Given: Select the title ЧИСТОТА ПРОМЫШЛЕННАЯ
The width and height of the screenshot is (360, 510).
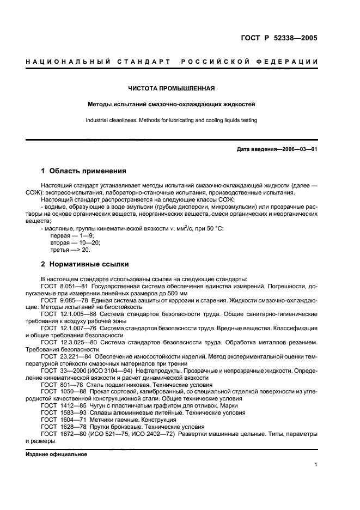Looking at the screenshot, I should (171, 88).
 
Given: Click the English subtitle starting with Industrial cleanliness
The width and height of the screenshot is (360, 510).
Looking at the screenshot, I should (171, 120).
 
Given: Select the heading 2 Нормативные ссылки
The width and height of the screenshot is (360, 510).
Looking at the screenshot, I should (86, 264).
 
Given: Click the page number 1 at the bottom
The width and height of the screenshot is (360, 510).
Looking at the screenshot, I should (316, 464).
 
